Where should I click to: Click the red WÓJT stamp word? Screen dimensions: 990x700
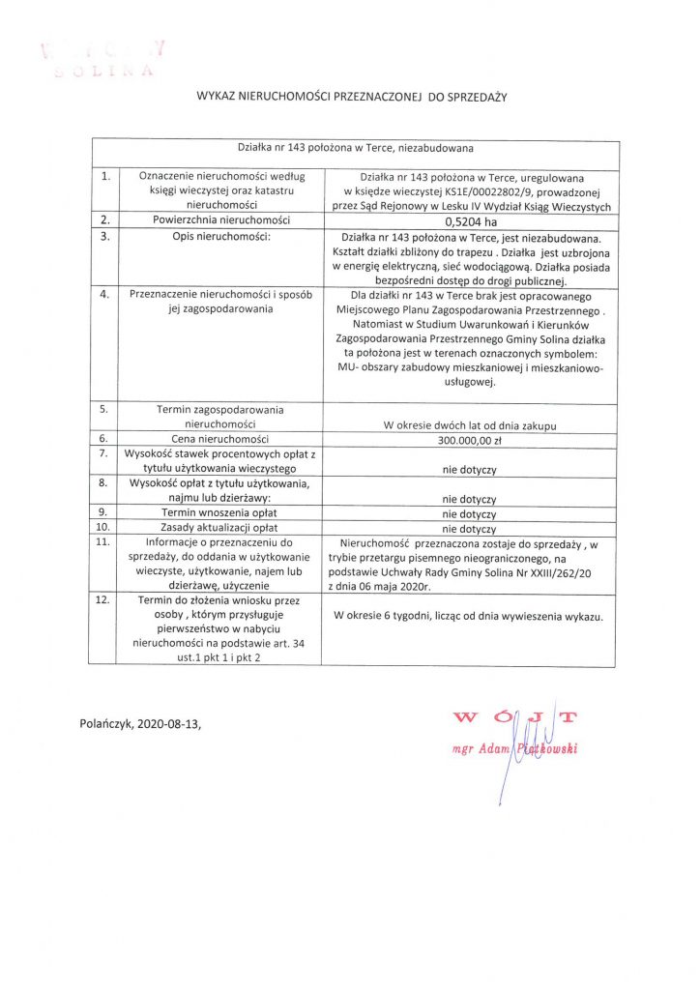514,717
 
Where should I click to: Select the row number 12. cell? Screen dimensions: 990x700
103,601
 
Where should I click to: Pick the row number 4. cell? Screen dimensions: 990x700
103,295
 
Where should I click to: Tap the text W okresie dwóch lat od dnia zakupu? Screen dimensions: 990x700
470,425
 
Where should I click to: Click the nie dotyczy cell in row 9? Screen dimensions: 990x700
470,513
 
